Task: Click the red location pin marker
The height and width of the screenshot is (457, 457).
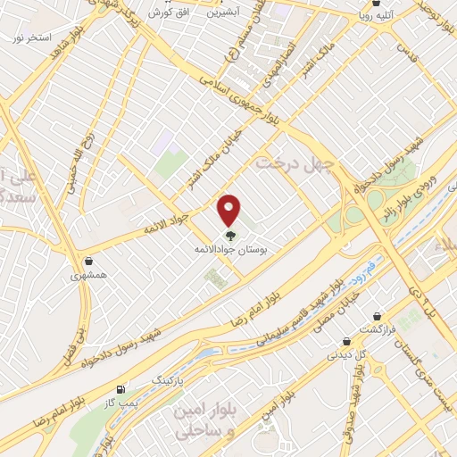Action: (230, 209)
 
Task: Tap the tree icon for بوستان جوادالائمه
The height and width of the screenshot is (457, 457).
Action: (231, 236)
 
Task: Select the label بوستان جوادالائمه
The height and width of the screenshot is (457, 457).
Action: (231, 251)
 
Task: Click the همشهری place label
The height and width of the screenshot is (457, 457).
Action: (89, 276)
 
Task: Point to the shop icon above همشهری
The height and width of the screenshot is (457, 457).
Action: (89, 262)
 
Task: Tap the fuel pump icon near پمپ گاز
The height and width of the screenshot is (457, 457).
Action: (121, 389)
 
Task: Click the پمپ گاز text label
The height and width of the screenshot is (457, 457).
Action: (121, 403)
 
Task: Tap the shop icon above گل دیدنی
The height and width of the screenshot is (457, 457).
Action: (345, 341)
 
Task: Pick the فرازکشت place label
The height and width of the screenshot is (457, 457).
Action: (379, 329)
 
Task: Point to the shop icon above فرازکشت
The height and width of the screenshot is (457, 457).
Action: (378, 316)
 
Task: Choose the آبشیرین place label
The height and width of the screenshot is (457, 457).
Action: (222, 13)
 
